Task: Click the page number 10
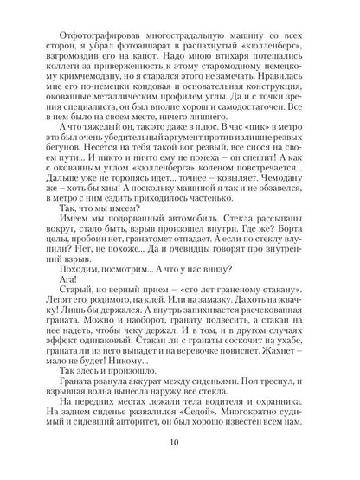(x=179, y=445)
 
